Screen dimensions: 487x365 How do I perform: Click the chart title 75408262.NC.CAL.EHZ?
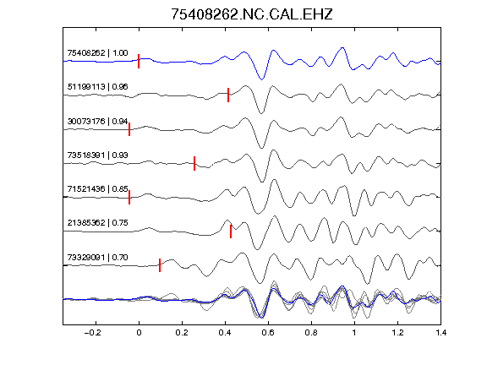[x=252, y=14]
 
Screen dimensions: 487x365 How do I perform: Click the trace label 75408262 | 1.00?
[x=97, y=52]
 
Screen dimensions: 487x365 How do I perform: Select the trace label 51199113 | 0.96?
[x=97, y=86]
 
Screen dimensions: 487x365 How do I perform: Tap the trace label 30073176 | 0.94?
[x=97, y=121]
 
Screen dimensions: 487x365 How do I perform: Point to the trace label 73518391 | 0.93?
[x=97, y=155]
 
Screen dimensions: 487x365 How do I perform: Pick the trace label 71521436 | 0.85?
[x=97, y=188]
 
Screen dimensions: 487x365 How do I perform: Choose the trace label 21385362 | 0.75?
[x=97, y=223]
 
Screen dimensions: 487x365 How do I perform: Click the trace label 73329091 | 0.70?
[x=97, y=258]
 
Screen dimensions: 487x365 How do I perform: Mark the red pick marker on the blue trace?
[x=139, y=61]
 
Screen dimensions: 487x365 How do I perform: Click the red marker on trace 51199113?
[x=228, y=95]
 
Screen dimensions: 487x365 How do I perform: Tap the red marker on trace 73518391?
[x=194, y=163]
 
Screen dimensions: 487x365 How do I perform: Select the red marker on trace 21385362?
[x=231, y=232]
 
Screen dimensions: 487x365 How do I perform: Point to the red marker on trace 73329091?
[x=160, y=265]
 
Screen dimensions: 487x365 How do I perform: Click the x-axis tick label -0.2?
[x=92, y=333]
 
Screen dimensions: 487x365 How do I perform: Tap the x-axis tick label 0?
[x=139, y=333]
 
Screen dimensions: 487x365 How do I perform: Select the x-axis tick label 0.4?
[x=225, y=333]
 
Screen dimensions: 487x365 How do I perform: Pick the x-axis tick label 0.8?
[x=311, y=333]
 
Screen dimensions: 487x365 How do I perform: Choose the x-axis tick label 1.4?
[x=440, y=333]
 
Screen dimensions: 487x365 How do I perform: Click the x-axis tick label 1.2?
[x=397, y=333]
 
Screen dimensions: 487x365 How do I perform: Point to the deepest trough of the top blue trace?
[x=261, y=79]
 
